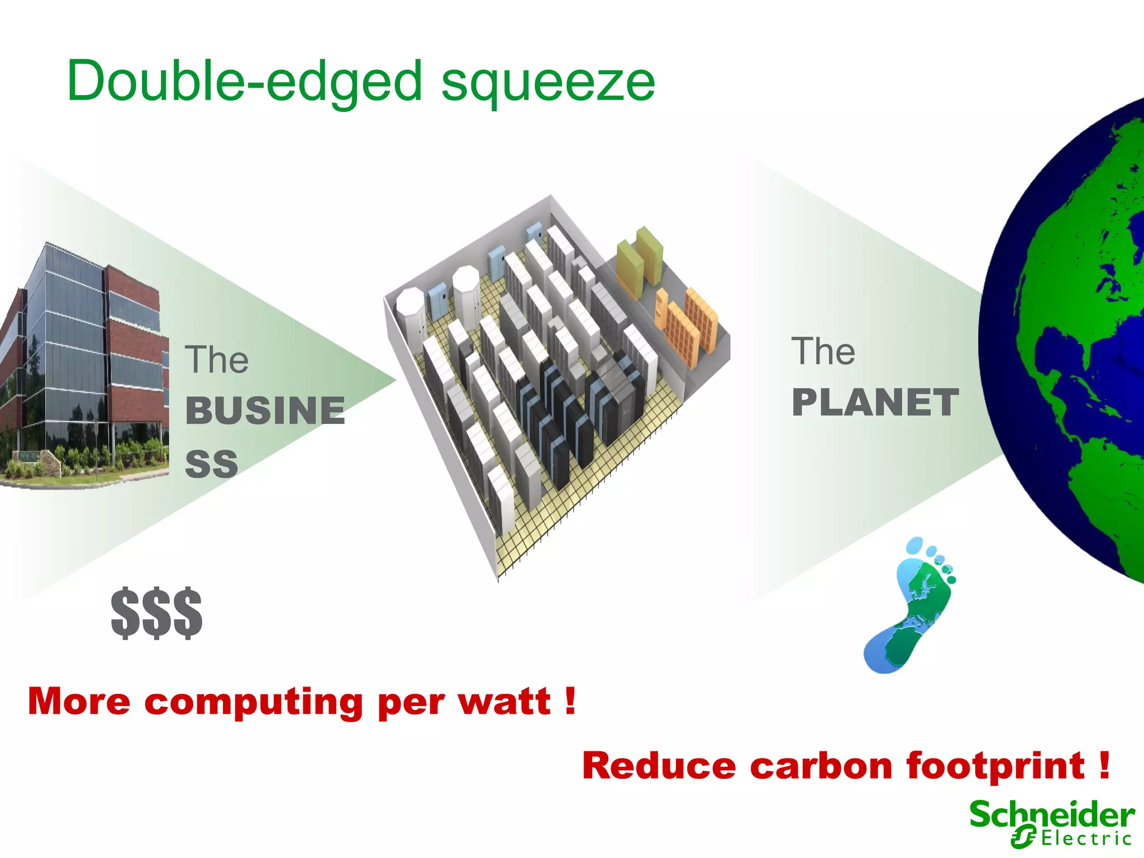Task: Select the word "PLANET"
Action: (x=875, y=403)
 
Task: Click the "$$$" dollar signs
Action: (x=156, y=613)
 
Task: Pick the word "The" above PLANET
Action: (x=823, y=351)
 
